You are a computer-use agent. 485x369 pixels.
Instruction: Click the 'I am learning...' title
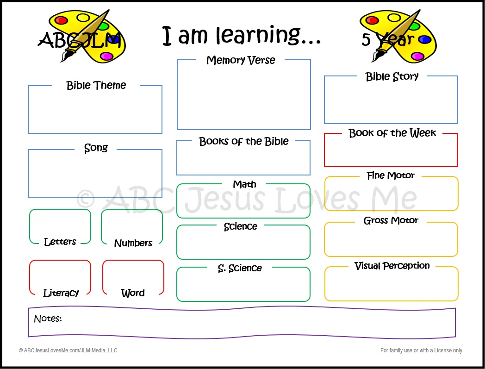pyautogui.click(x=241, y=36)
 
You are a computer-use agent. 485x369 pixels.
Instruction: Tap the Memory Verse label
pyautogui.click(x=241, y=60)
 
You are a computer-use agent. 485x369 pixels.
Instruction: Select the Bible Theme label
pyautogui.click(x=96, y=86)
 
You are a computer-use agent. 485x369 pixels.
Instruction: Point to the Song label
pyautogui.click(x=96, y=148)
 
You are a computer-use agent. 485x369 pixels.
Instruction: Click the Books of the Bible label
pyautogui.click(x=243, y=141)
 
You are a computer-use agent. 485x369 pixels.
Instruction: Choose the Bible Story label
pyautogui.click(x=392, y=77)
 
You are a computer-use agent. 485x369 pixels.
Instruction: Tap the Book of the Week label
pyautogui.click(x=392, y=133)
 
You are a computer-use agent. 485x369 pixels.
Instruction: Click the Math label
pyautogui.click(x=244, y=184)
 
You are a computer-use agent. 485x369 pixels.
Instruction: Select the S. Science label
pyautogui.click(x=240, y=268)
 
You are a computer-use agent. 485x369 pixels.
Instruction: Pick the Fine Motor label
pyautogui.click(x=391, y=175)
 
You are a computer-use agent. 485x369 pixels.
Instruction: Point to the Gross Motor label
pyautogui.click(x=391, y=220)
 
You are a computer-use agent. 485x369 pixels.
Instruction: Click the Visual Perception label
pyautogui.click(x=392, y=266)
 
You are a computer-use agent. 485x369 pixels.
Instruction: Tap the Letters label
pyautogui.click(x=60, y=242)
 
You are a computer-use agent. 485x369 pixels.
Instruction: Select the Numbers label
pyautogui.click(x=133, y=243)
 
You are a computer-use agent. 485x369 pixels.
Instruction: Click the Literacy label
pyautogui.click(x=61, y=293)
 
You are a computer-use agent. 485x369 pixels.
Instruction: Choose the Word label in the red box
pyautogui.click(x=133, y=293)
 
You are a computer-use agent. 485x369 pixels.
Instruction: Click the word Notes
pyautogui.click(x=48, y=319)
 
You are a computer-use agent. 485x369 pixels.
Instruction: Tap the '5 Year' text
pyautogui.click(x=387, y=40)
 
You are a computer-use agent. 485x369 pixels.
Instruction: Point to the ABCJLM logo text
pyautogui.click(x=79, y=40)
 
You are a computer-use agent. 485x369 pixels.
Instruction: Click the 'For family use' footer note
pyautogui.click(x=421, y=350)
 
